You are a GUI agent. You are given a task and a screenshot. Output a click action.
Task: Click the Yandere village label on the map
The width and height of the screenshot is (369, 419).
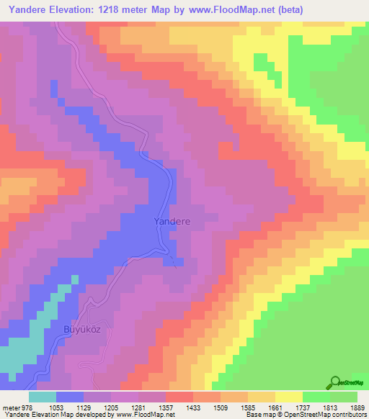click(172, 222)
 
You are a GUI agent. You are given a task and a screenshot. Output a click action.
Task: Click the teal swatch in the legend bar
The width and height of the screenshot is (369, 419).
click(43, 397)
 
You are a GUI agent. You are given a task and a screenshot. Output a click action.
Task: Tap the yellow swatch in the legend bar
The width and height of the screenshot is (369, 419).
click(289, 397)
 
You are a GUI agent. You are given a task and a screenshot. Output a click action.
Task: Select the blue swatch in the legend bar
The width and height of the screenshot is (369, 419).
click(70, 397)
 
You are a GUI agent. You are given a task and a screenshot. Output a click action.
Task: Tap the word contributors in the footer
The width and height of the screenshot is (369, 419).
click(347, 414)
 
